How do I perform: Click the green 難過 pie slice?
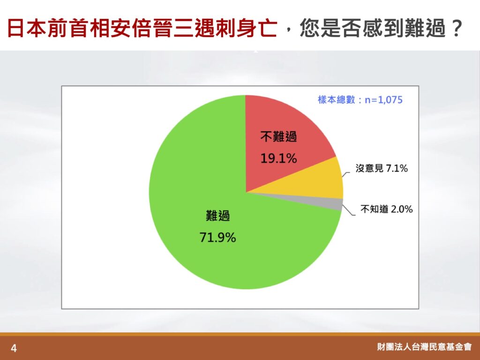(199, 239)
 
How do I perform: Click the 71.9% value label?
(217, 238)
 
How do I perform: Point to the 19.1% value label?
(278, 158)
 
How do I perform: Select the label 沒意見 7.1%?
(382, 168)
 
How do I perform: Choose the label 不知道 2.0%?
(386, 209)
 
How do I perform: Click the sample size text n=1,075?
(383, 100)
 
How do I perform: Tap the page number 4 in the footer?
(14, 348)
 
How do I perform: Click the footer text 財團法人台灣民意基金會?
(424, 347)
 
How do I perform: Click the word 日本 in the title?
(27, 28)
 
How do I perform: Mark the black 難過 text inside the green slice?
(217, 216)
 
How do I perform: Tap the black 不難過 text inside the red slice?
(278, 136)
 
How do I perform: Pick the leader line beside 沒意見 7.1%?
(345, 175)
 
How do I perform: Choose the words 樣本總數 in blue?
(337, 100)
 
